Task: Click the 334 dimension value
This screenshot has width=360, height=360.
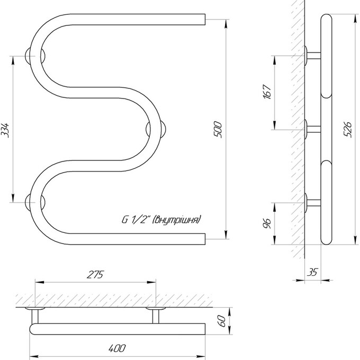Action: pos(6,130)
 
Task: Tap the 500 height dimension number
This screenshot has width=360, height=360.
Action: pos(218,130)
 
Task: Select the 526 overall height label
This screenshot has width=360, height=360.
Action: pos(348,130)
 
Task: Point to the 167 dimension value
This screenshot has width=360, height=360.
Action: pos(267,92)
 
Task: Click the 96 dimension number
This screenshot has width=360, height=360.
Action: pos(267,223)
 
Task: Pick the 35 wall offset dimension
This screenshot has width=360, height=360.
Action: pos(312,272)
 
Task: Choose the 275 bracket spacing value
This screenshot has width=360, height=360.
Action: pos(95,274)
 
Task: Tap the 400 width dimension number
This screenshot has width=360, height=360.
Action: pos(117,348)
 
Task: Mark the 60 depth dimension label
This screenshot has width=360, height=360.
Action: pos(221,321)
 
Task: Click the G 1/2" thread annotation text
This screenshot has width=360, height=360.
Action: pos(161,220)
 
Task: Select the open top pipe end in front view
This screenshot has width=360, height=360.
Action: pos(205,19)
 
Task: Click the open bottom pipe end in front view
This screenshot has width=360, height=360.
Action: pos(205,239)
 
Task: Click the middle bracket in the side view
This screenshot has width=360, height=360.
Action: pos(313,129)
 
